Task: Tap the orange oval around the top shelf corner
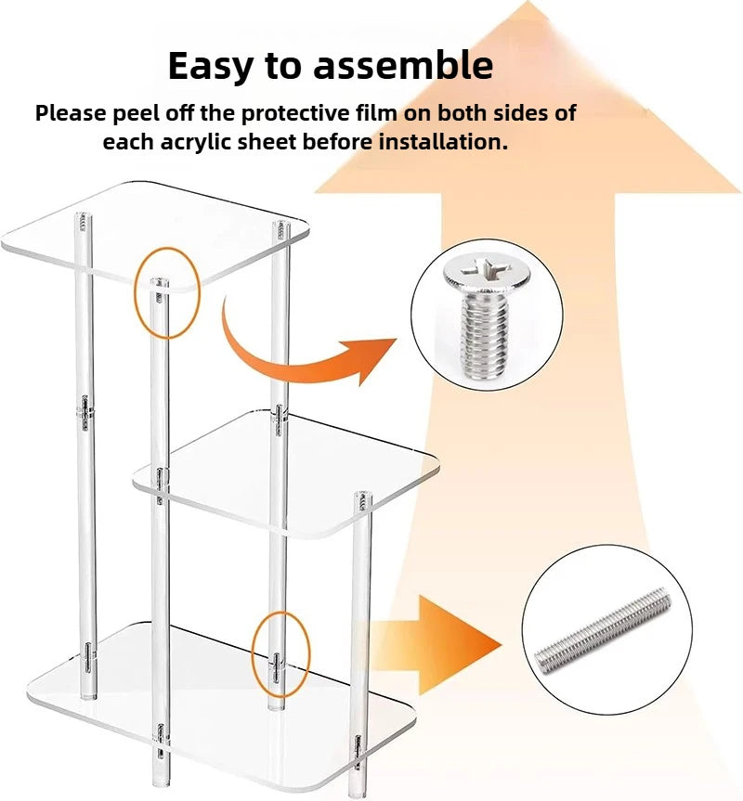point(167,291)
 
